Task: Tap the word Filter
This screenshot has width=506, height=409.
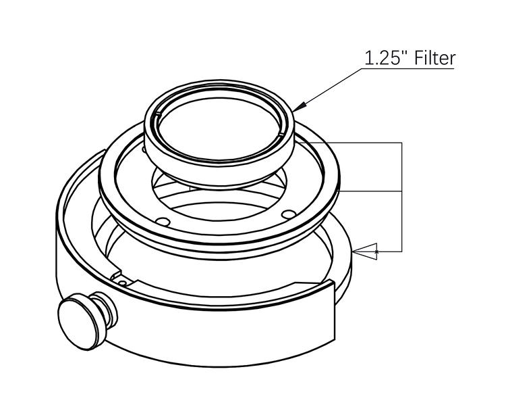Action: tap(434, 58)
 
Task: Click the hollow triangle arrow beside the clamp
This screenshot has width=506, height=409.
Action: tap(365, 251)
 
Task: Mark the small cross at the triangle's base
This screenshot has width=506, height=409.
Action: tap(376, 251)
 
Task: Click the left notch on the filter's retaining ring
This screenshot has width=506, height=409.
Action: tap(158, 114)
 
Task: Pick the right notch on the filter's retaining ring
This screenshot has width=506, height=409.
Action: tap(281, 133)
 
